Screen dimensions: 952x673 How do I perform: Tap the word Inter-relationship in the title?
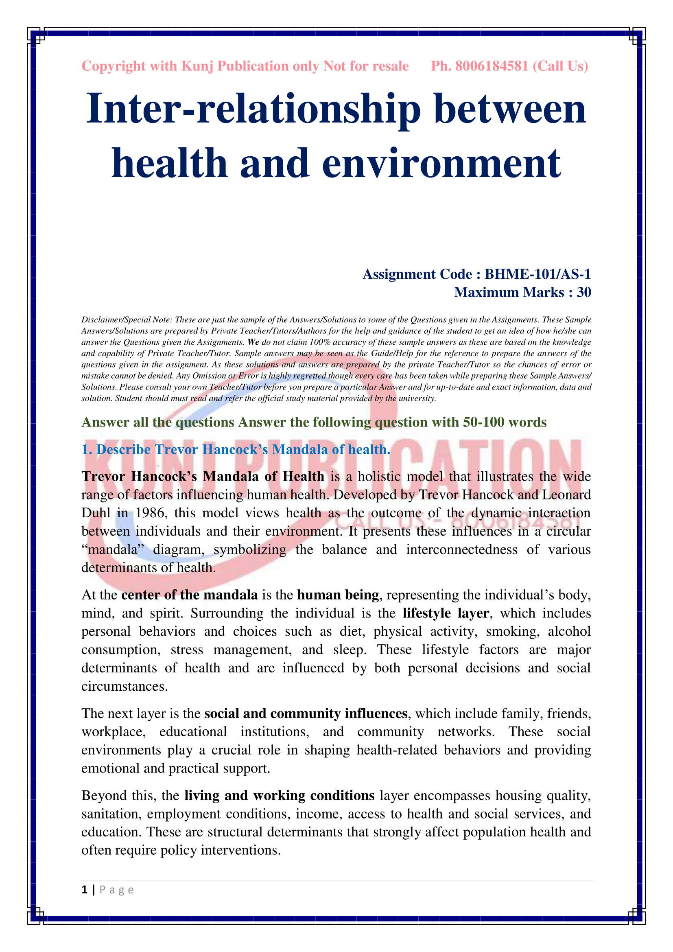[253, 109]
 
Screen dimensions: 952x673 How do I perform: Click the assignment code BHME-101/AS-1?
[538, 274]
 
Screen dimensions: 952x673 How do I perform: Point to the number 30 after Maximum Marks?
[583, 292]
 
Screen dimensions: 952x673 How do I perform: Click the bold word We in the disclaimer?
[253, 342]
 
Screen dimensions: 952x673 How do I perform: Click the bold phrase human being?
[338, 595]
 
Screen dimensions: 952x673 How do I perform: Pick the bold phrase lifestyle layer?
[446, 613]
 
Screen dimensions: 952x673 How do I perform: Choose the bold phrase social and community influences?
[306, 713]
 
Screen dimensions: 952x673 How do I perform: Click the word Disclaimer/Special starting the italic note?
[120, 320]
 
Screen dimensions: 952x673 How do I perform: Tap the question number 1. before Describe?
[87, 449]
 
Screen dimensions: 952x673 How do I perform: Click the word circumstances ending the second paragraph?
[125, 686]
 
